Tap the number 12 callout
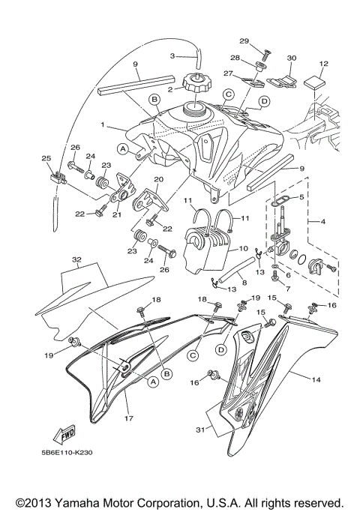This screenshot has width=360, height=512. (x=324, y=64)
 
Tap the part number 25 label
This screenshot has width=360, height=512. (x=45, y=158)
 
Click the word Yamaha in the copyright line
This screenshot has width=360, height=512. (x=94, y=502)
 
